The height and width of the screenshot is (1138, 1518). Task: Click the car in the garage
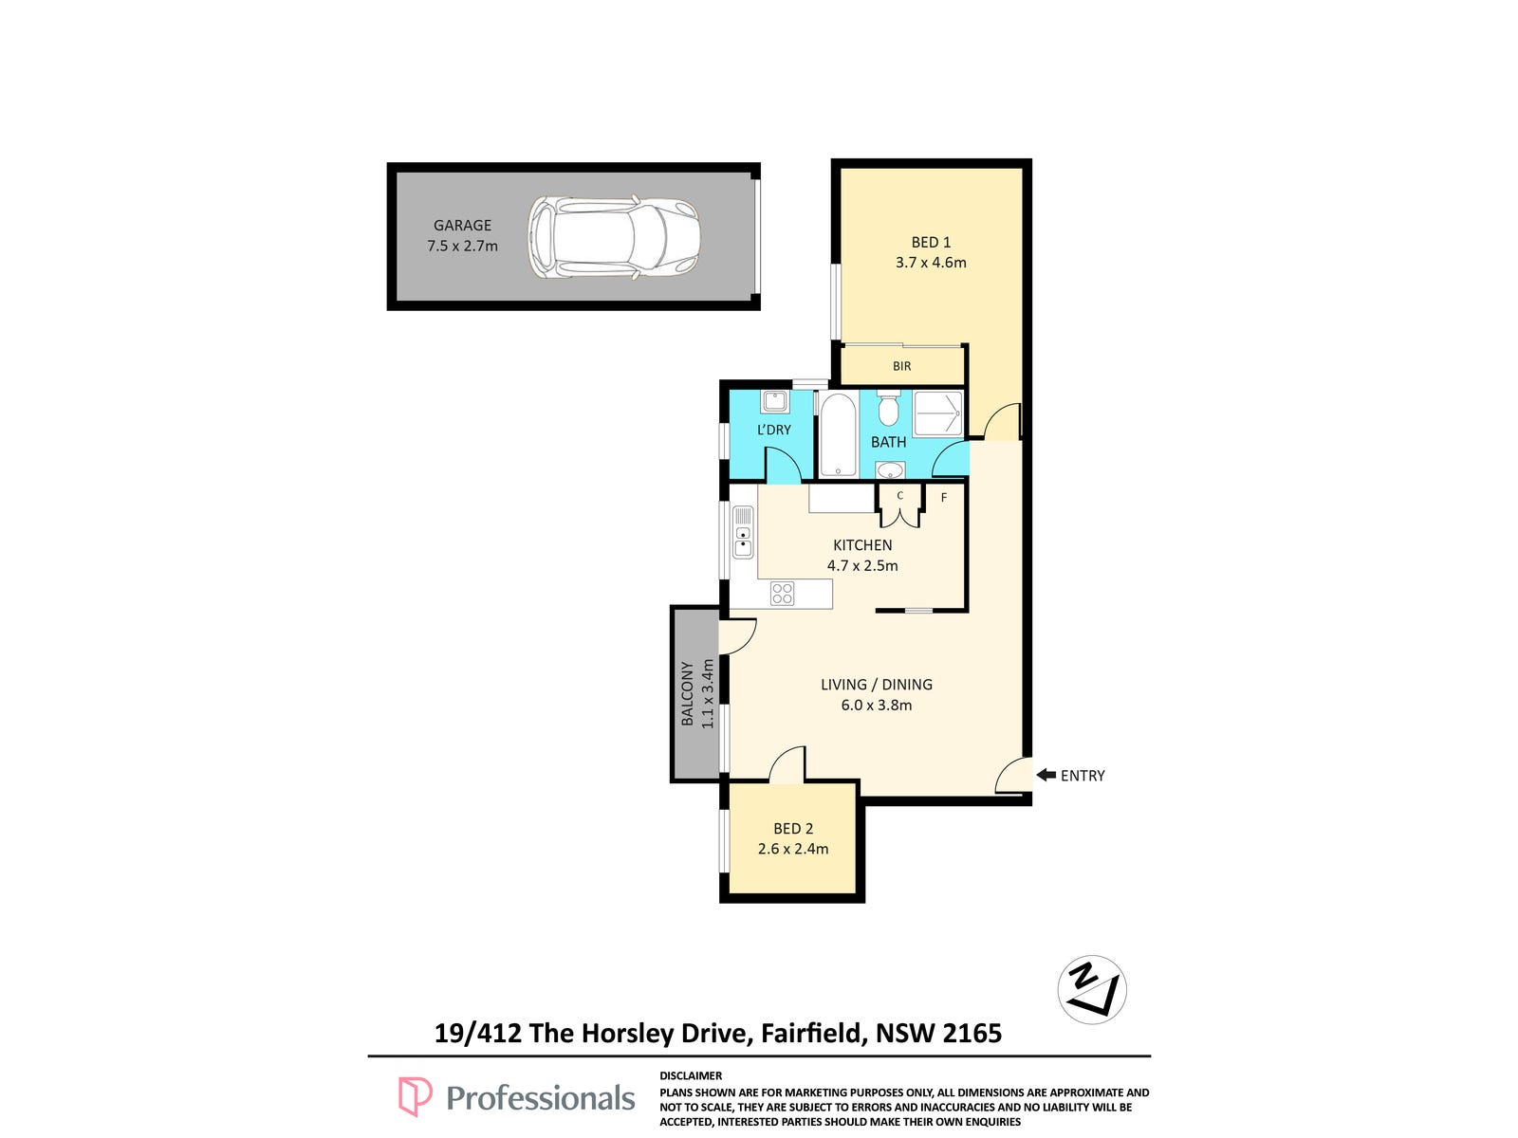tap(614, 237)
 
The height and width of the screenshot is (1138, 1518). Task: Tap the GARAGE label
tap(462, 226)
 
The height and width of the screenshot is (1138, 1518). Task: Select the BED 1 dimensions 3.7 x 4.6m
tap(931, 263)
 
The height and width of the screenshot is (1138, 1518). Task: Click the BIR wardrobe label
tap(902, 366)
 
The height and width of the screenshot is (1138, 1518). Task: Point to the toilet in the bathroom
tap(888, 409)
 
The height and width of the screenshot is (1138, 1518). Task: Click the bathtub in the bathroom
tap(838, 435)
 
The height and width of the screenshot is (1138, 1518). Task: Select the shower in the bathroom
tap(937, 413)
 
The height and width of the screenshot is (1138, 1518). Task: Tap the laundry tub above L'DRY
tap(774, 401)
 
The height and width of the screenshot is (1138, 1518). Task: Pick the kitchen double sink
tap(743, 533)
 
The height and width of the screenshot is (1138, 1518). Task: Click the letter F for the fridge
tap(944, 498)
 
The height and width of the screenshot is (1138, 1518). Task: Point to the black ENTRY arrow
tap(1046, 775)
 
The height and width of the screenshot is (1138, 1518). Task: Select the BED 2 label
tap(793, 829)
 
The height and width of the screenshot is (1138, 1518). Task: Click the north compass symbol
tap(1092, 989)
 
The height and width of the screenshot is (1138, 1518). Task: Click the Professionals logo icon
tap(415, 1096)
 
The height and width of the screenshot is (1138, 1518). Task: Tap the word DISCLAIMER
tap(690, 1075)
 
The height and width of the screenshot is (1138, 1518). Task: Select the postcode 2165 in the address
tap(972, 1034)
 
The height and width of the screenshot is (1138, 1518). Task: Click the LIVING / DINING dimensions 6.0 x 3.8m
tap(877, 706)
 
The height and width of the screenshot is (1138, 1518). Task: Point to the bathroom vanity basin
tap(890, 470)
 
